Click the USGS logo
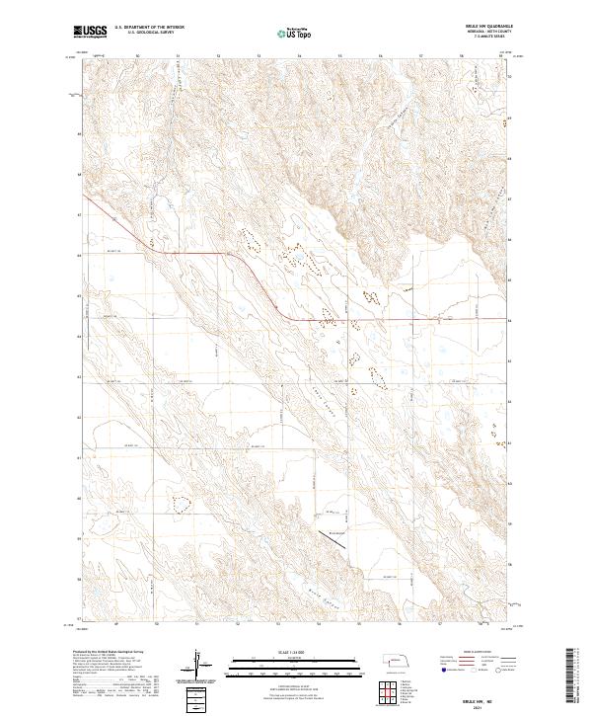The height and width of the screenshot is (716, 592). click(90, 33)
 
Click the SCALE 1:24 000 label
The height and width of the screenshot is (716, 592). click(282, 652)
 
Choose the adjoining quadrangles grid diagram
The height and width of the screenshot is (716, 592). click(389, 691)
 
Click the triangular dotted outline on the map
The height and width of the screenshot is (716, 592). click(181, 504)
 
